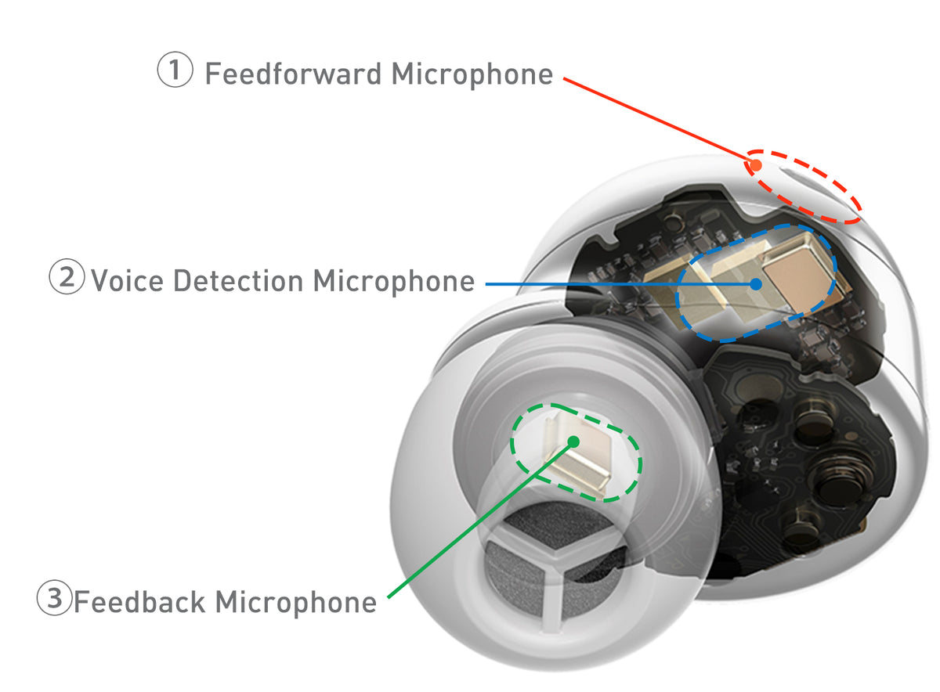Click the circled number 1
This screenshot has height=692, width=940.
[x=175, y=71]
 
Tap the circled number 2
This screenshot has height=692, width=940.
[x=67, y=278]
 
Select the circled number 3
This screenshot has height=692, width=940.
[x=54, y=599]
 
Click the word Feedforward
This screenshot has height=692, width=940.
[x=293, y=74]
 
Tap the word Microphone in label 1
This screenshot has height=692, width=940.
[x=472, y=74]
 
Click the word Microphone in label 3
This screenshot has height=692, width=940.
[x=295, y=602]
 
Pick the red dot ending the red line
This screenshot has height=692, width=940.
[x=756, y=166]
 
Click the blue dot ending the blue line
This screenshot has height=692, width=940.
[x=756, y=283]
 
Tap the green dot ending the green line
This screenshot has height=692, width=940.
[x=573, y=442]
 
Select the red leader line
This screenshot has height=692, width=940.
[x=658, y=121]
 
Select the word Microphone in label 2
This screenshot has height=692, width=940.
[x=394, y=280]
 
